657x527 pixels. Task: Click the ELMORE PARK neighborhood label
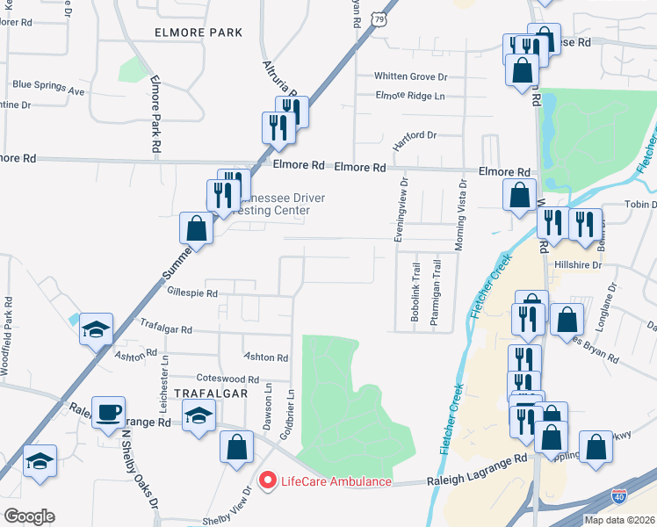tap(198, 32)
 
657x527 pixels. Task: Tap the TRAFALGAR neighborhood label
tap(210, 393)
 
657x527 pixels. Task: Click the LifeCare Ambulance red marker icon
tap(266, 480)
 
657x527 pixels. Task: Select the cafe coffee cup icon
tap(109, 412)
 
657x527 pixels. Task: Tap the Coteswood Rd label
tap(227, 379)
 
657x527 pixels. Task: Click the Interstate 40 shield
tap(619, 497)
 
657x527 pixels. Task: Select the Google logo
tap(29, 516)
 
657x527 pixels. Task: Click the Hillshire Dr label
tap(576, 263)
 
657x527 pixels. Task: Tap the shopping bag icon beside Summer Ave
tap(197, 228)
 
